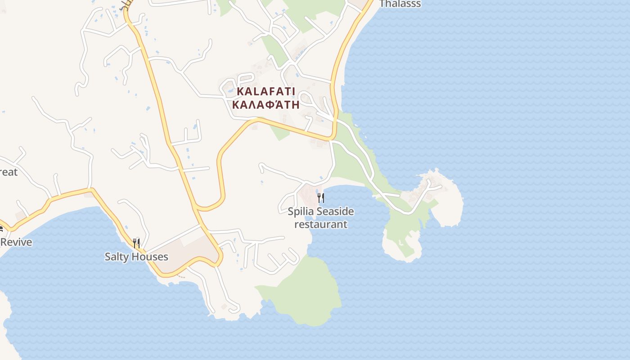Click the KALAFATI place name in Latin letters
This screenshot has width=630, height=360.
[265, 91]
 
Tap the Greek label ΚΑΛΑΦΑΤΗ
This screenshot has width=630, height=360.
[265, 105]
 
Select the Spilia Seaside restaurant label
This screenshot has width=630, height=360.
[321, 218]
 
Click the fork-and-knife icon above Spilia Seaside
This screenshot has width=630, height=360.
[321, 198]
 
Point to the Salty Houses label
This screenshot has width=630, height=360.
[136, 257]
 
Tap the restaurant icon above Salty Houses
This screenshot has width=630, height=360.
[136, 243]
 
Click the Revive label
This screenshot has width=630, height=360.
[17, 243]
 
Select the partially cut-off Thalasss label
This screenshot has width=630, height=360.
[400, 4]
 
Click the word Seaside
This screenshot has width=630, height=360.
[335, 211]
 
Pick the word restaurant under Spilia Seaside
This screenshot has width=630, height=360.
[321, 224]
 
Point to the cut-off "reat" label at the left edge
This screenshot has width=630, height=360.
[9, 172]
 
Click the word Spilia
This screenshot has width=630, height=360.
[301, 211]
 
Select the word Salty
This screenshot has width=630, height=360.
[115, 257]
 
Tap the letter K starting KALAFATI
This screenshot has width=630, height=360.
[240, 91]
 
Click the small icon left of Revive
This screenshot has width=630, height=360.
[1, 229]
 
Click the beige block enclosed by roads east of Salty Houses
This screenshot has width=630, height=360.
[189, 252]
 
